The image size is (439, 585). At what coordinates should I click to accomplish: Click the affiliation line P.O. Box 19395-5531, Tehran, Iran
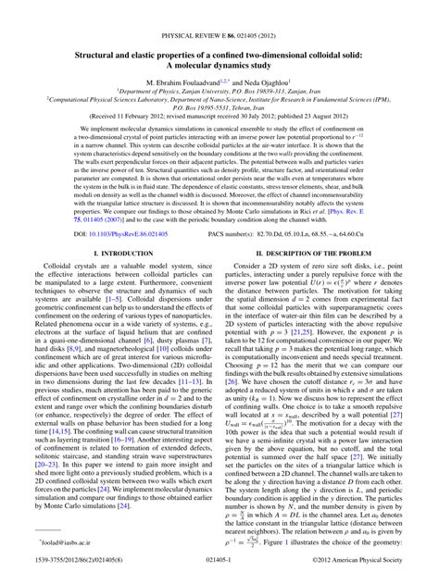pos(219,108)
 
